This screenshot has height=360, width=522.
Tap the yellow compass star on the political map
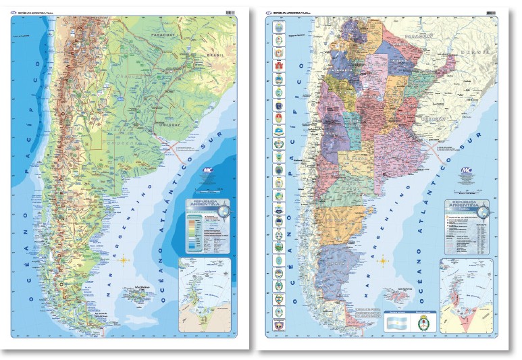pyautogui.click(x=383, y=259)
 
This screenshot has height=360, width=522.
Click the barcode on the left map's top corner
pyautogui.click(x=230, y=13)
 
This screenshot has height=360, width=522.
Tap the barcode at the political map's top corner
pyautogui.click(x=491, y=12)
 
